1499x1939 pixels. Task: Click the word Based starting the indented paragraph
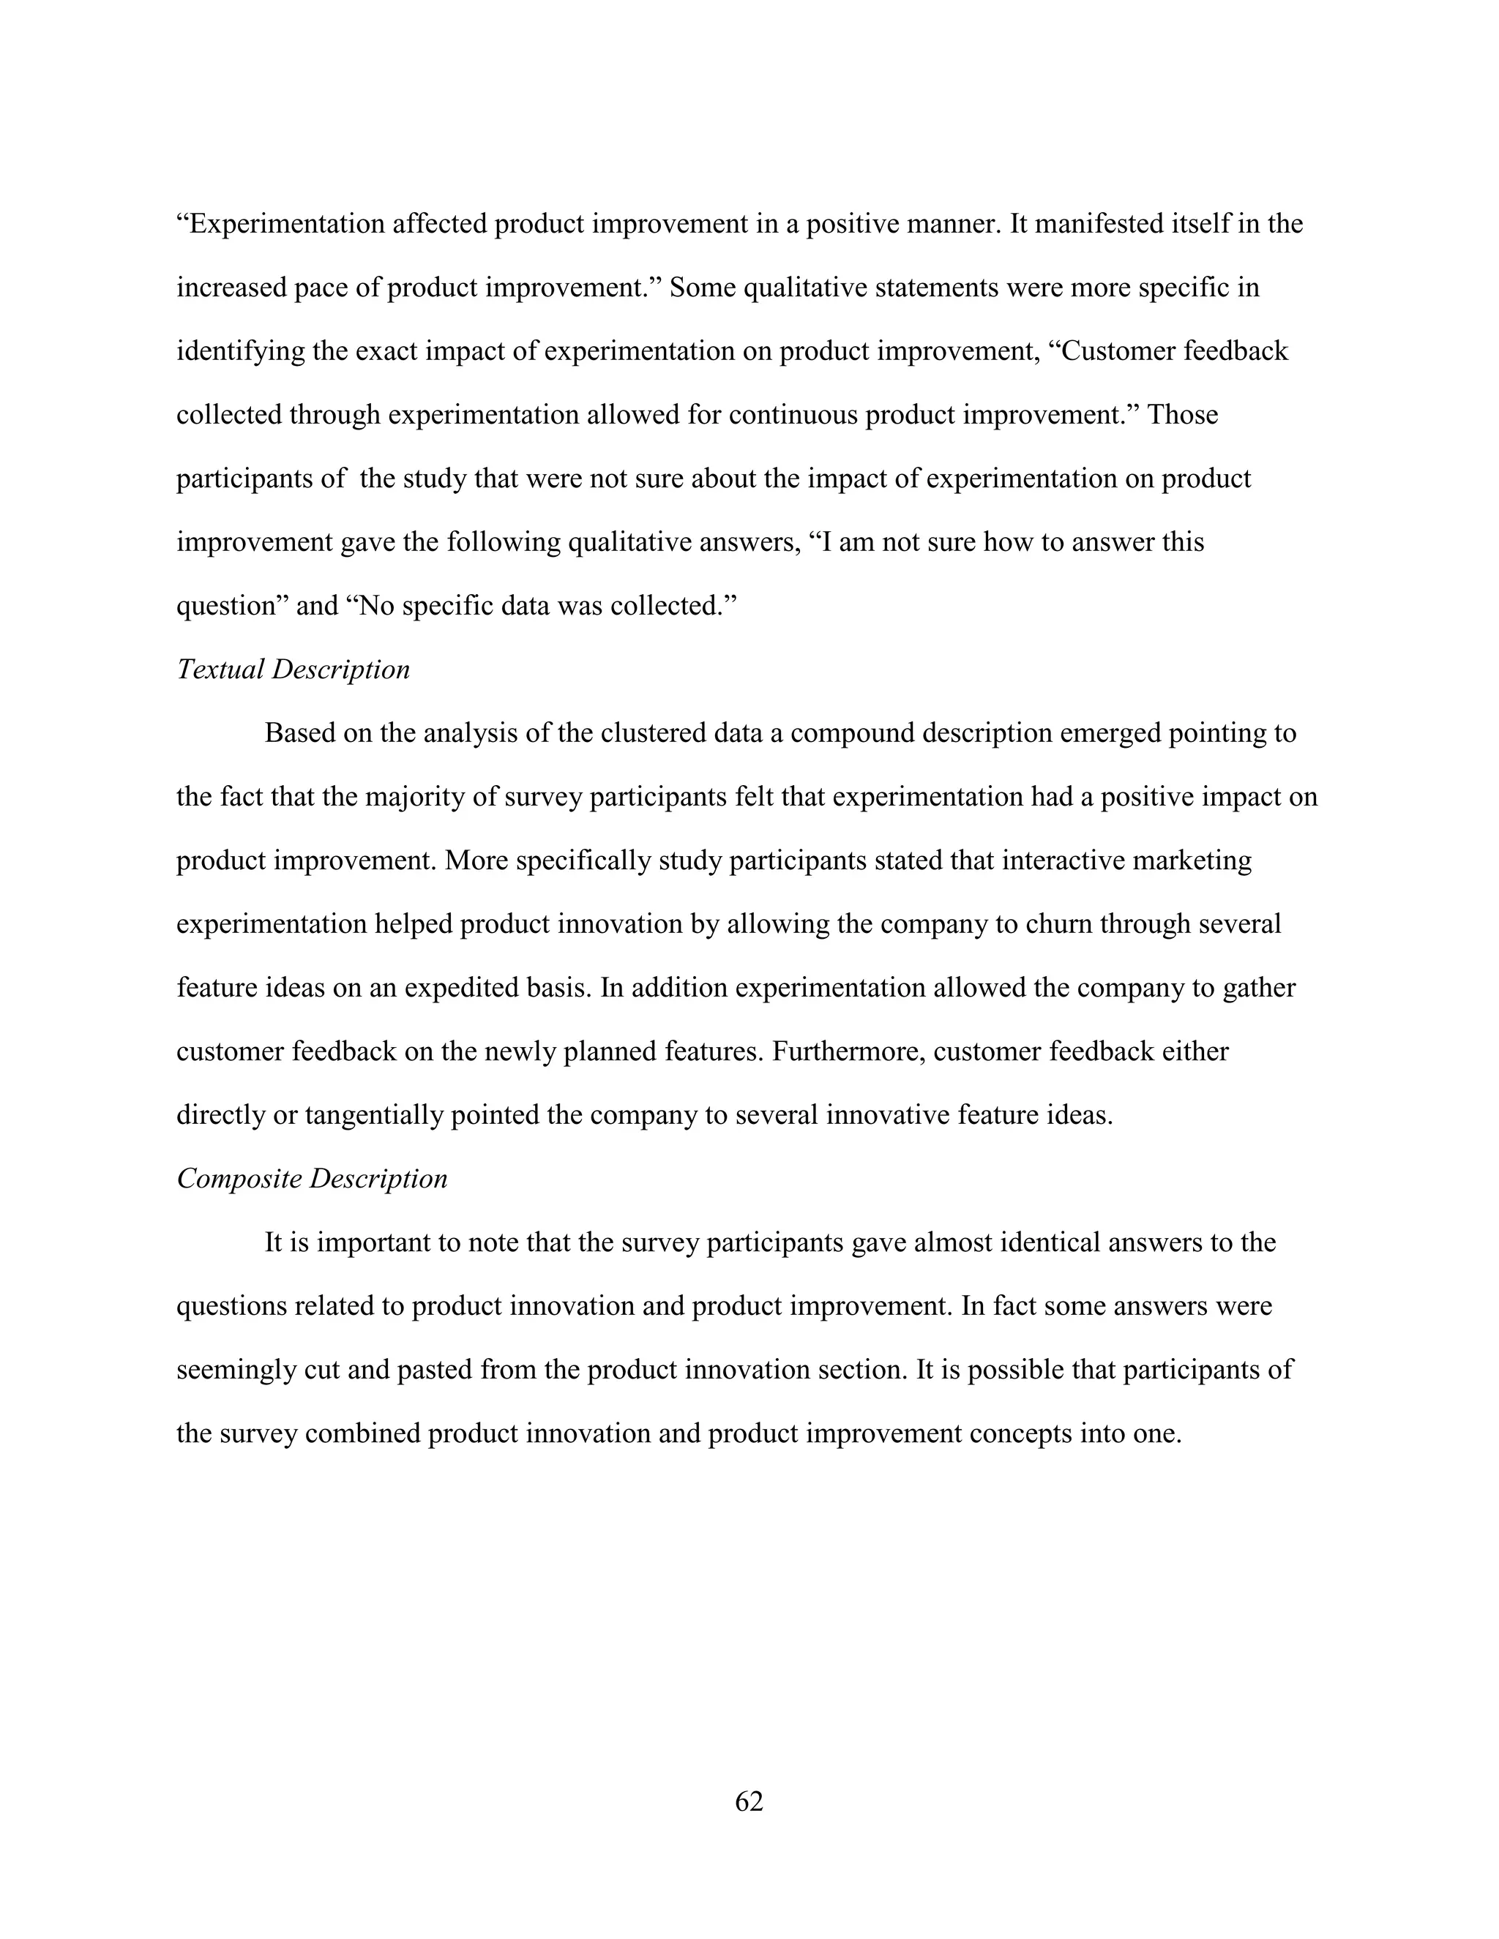click(299, 733)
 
